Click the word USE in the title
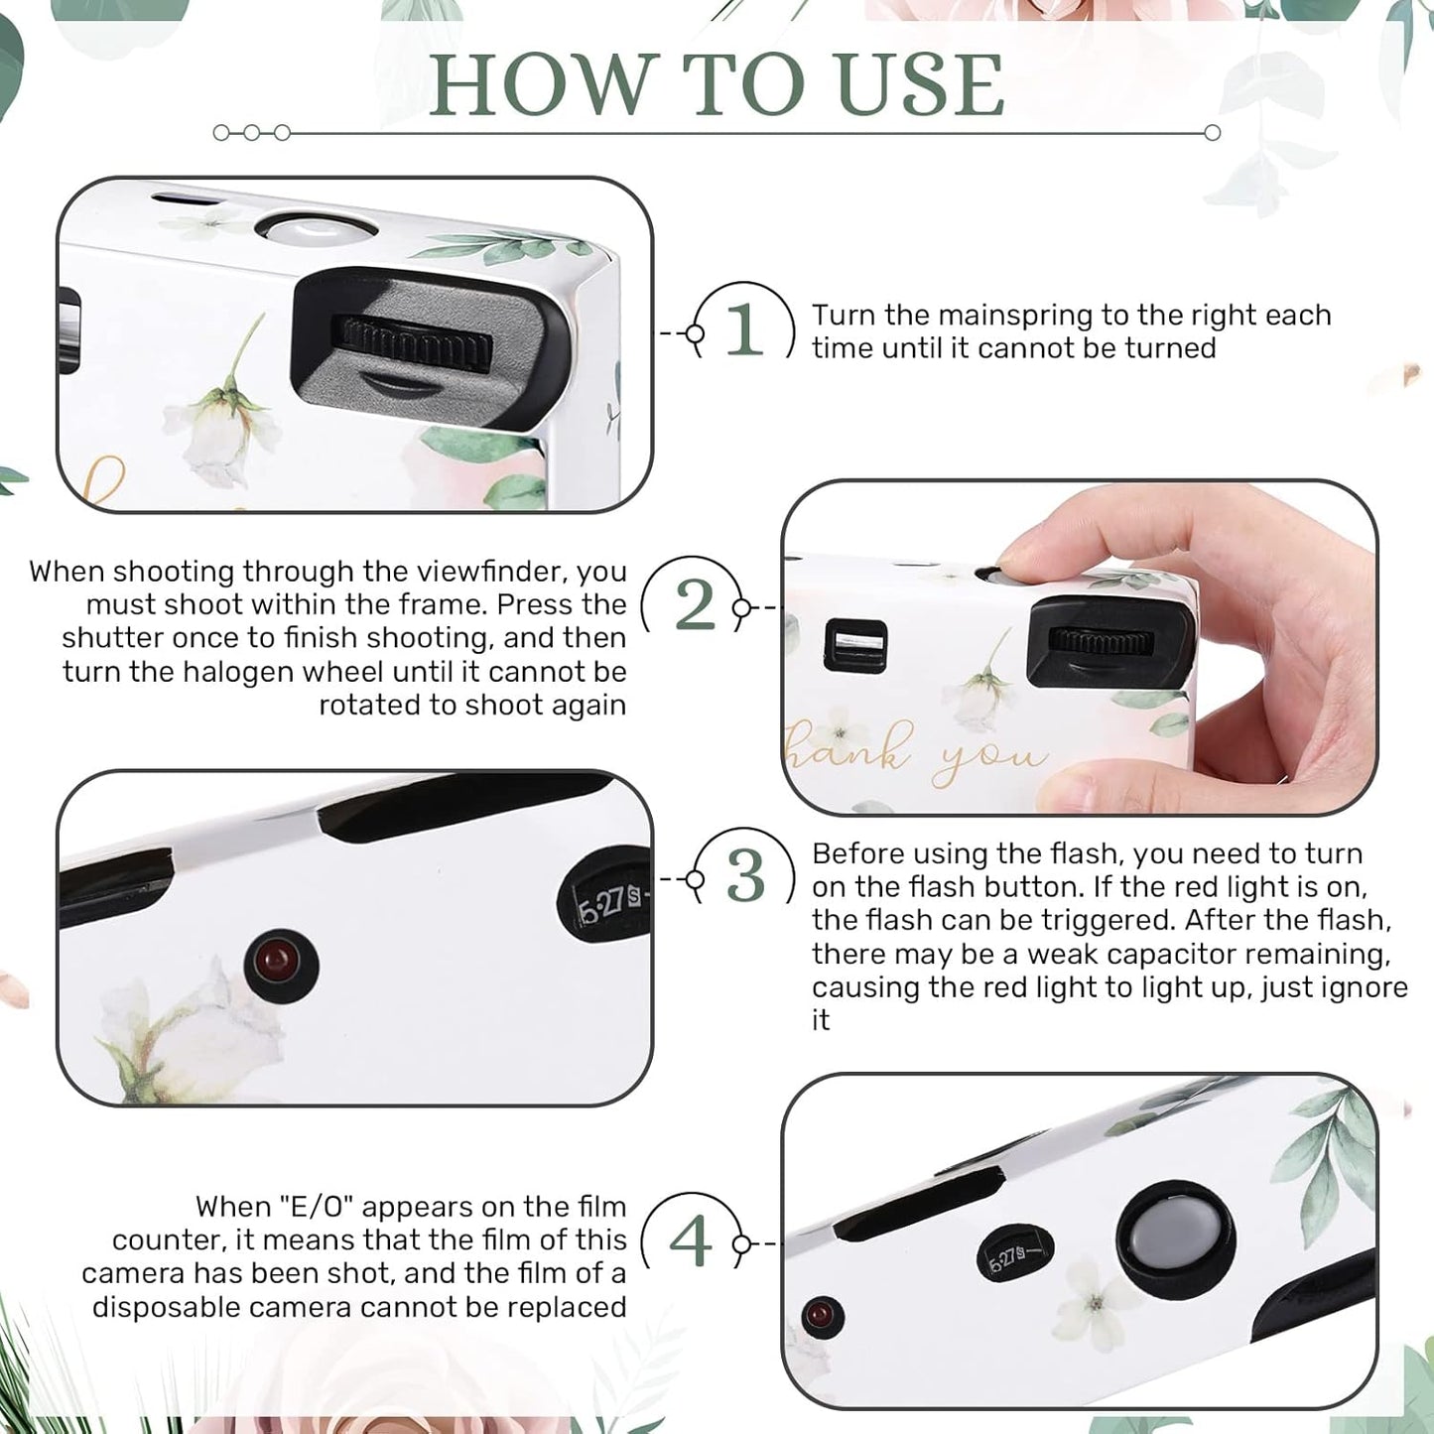[x=921, y=86]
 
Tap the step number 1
[x=744, y=330]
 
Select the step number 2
[x=695, y=605]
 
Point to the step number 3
[x=745, y=877]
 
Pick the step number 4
[x=691, y=1241]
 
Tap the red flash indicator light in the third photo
[x=279, y=962]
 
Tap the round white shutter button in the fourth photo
[x=1176, y=1239]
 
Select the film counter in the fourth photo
[x=1012, y=1256]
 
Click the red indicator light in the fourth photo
[x=821, y=1316]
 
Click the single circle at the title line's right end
[x=1212, y=133]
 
